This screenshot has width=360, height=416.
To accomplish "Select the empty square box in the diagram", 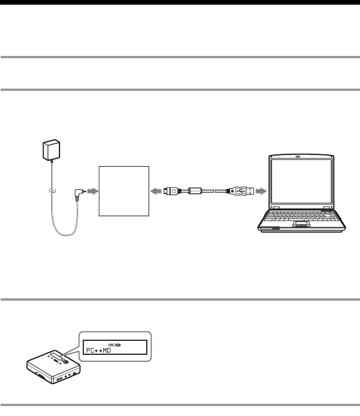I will (x=124, y=190).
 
